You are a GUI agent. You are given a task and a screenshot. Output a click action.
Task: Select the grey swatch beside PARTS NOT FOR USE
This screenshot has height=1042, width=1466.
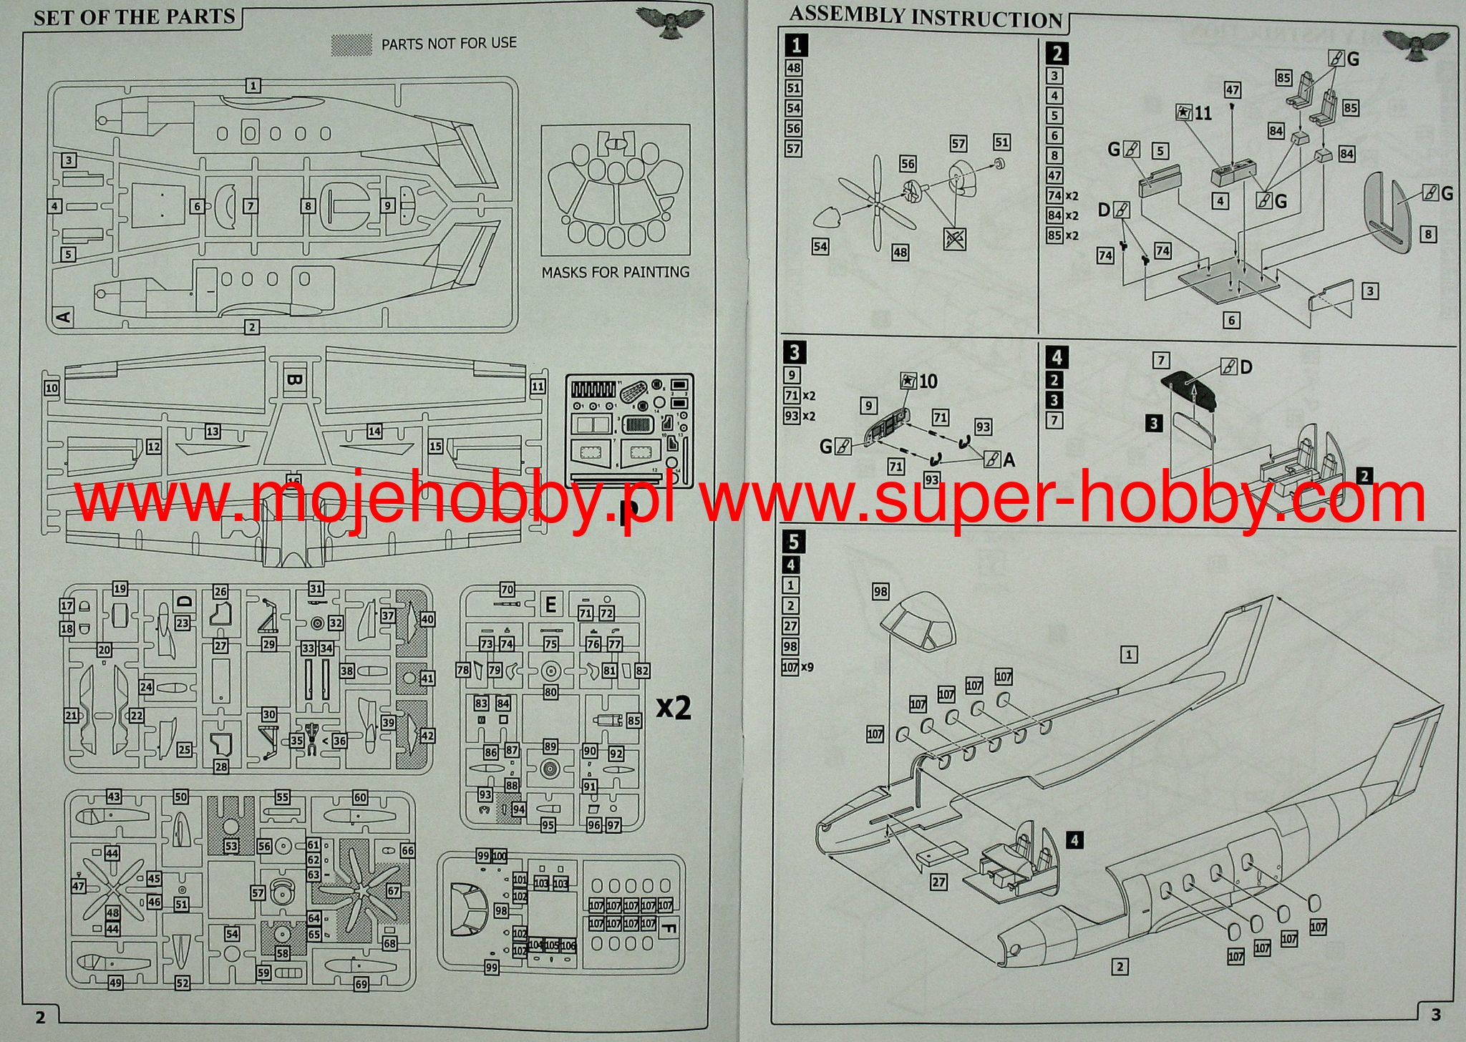pos(351,44)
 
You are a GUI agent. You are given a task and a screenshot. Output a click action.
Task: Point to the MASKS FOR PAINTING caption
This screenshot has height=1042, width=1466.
pos(615,272)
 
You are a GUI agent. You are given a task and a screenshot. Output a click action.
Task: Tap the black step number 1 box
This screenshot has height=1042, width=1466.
pos(795,46)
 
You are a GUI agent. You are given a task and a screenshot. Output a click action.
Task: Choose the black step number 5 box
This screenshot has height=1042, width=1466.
pos(792,541)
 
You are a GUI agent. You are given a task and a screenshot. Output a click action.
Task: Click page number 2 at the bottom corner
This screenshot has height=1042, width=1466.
pos(40,1016)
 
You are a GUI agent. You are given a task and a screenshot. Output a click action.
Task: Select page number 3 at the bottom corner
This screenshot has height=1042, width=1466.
pos(1436,1013)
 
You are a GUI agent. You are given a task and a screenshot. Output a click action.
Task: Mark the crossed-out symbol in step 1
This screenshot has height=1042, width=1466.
pos(954,238)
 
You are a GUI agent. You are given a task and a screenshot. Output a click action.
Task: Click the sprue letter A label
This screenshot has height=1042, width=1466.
pos(64,315)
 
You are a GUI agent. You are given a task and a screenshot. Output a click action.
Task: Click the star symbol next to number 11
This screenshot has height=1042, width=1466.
pos(1184,113)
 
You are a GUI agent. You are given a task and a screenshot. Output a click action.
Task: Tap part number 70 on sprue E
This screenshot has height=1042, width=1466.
pos(507,590)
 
